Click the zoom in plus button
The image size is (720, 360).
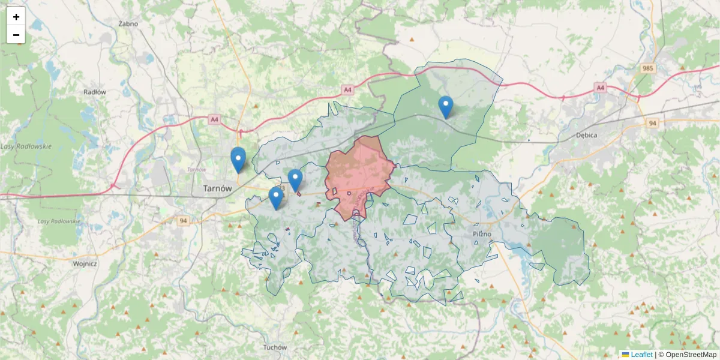pos(16,17)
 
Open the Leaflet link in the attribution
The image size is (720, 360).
pos(641,355)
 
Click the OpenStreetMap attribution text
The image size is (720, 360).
pos(691,355)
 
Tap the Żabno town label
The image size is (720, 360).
pos(128,24)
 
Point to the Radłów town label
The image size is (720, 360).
pos(95,92)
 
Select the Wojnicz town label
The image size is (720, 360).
pos(85,263)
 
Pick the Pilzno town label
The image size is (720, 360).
pos(481,233)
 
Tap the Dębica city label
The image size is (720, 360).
pos(586,135)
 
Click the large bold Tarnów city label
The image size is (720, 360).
pos(217,188)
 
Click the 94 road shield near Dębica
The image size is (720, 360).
pos(653,123)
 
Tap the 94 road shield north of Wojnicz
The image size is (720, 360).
pos(183,221)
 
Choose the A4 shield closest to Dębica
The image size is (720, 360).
pos(600,88)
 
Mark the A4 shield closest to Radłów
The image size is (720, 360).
pos(214,119)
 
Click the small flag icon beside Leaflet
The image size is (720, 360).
pos(625,355)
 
